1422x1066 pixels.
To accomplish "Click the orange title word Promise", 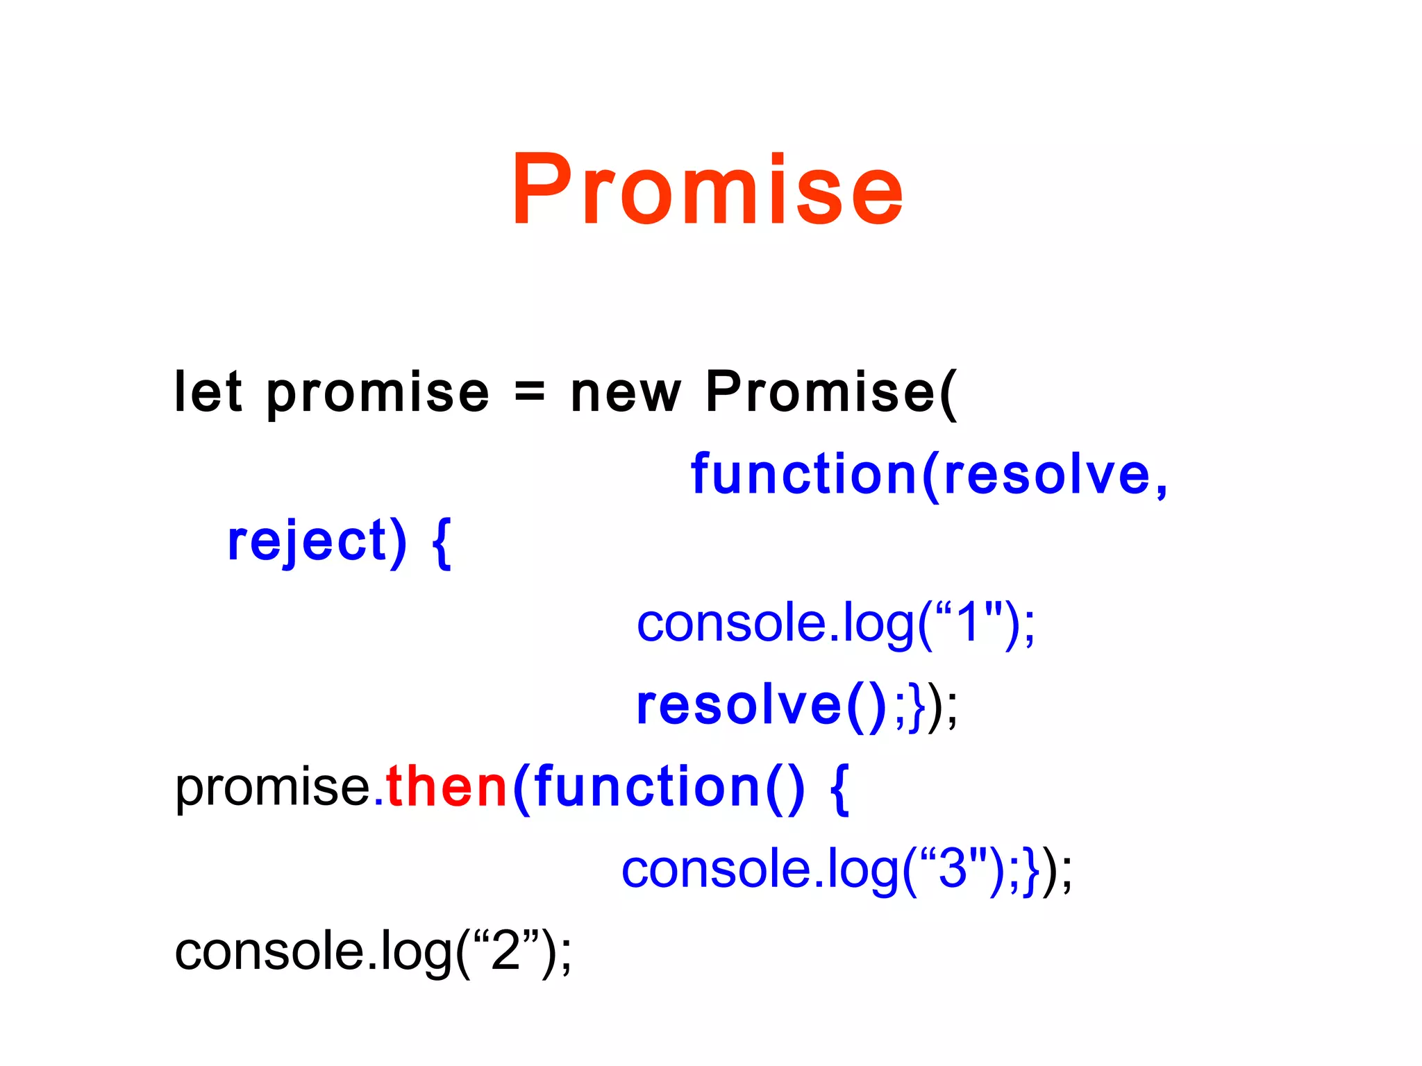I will pyautogui.click(x=707, y=190).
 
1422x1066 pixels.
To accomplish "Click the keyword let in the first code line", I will pyautogui.click(x=208, y=392).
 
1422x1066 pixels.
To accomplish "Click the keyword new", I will pyautogui.click(x=625, y=394).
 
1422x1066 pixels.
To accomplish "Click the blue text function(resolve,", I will pyautogui.click(x=929, y=475).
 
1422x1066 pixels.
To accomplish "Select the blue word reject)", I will pyautogui.click(x=317, y=543).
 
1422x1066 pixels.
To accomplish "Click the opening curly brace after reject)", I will pyautogui.click(x=442, y=543).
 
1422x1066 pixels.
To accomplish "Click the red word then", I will pyautogui.click(x=447, y=788).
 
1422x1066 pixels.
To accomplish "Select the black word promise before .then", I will pyautogui.click(x=273, y=789).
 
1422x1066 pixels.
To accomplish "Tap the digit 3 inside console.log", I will pyautogui.click(x=952, y=869).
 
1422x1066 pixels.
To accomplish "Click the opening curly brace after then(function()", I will pyautogui.click(x=839, y=789).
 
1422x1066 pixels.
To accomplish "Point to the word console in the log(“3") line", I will pyautogui.click(x=716, y=869).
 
